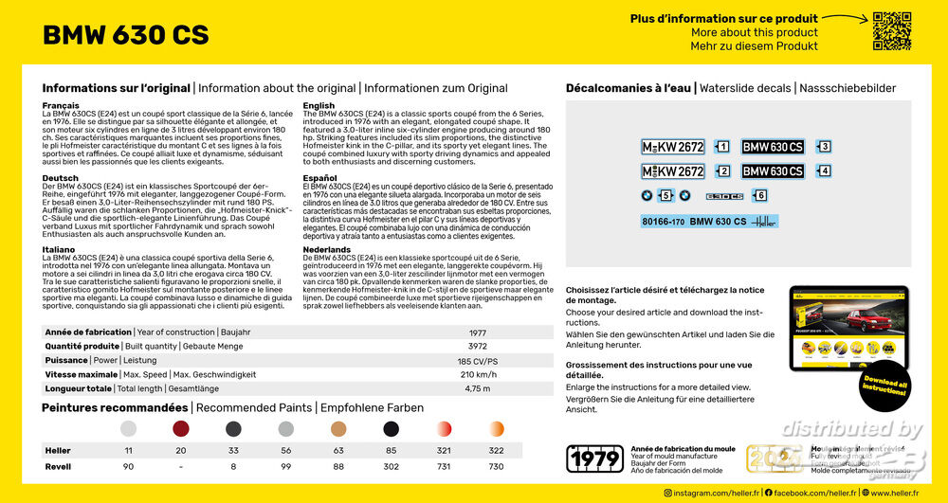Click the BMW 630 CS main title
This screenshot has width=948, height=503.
click(x=126, y=36)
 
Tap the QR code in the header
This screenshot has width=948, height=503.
click(x=891, y=30)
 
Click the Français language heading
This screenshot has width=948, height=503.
click(x=61, y=105)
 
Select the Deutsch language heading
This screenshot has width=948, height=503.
click(x=60, y=177)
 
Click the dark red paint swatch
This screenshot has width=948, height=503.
click(x=181, y=429)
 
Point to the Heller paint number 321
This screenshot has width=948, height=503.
click(x=444, y=451)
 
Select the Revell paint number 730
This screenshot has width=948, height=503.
click(x=496, y=467)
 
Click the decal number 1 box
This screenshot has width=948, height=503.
click(x=722, y=147)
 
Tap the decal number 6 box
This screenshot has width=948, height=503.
click(x=759, y=195)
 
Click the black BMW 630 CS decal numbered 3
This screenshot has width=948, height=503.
click(x=773, y=147)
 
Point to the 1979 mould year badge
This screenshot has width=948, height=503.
click(x=594, y=459)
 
